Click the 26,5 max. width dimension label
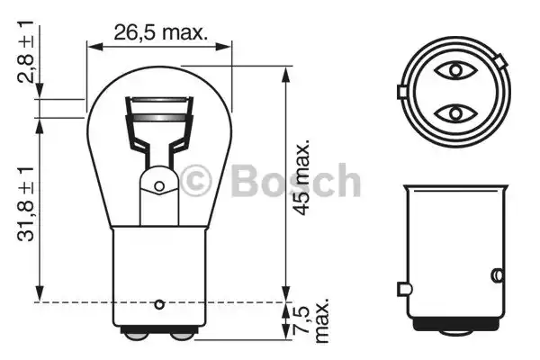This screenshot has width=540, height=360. coord(160,32)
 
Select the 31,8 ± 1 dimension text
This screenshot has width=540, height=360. coord(26,203)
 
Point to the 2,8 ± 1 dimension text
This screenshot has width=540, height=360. coord(26,51)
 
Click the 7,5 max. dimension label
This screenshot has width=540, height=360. coord(311,319)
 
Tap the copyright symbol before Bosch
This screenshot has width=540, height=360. coord(195,181)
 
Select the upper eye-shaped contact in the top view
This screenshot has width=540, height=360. coord(455,71)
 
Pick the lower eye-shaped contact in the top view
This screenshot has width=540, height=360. coord(455,113)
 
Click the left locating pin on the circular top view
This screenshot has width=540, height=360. coord(402,92)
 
